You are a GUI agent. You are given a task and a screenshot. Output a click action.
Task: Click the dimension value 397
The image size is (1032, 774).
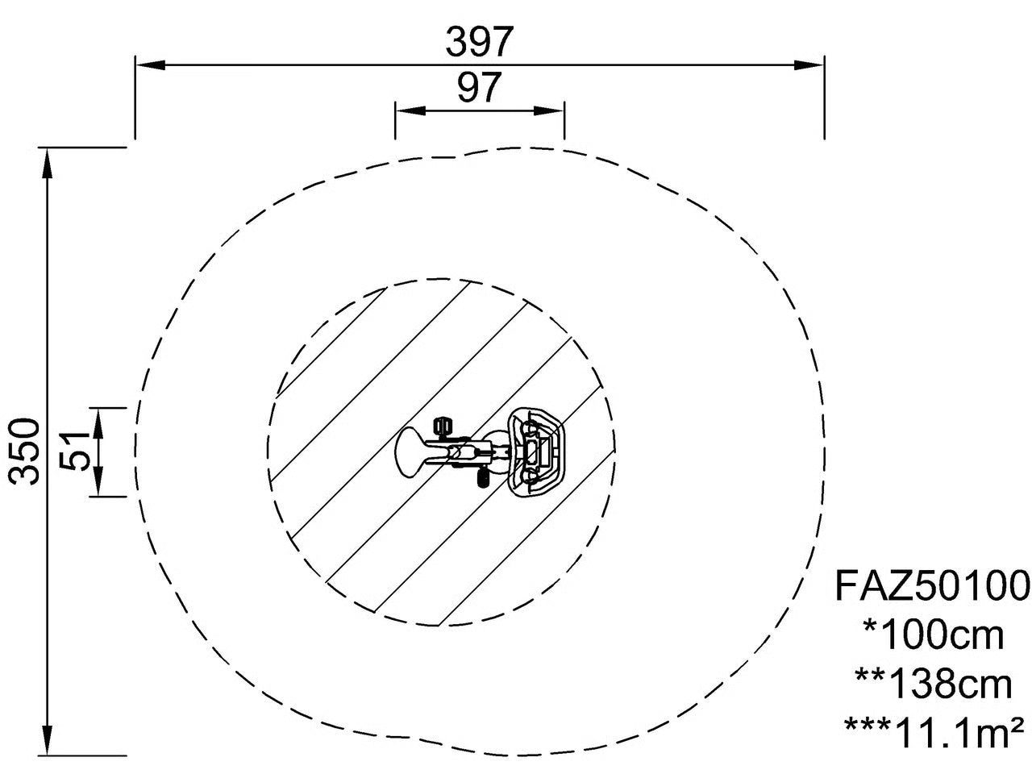478,41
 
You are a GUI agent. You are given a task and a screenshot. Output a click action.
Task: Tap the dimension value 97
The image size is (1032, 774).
479,87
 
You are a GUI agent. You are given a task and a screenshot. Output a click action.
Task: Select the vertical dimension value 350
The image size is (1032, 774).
24,451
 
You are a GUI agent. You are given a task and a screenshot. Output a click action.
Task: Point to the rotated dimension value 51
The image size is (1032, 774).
75,451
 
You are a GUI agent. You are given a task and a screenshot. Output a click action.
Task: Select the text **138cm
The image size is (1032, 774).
933,685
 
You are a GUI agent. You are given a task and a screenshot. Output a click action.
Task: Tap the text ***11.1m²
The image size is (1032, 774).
933,734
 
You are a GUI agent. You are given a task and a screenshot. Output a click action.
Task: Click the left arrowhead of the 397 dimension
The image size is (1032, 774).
150,64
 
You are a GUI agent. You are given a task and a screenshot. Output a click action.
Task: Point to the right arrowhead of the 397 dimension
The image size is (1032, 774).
809,64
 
